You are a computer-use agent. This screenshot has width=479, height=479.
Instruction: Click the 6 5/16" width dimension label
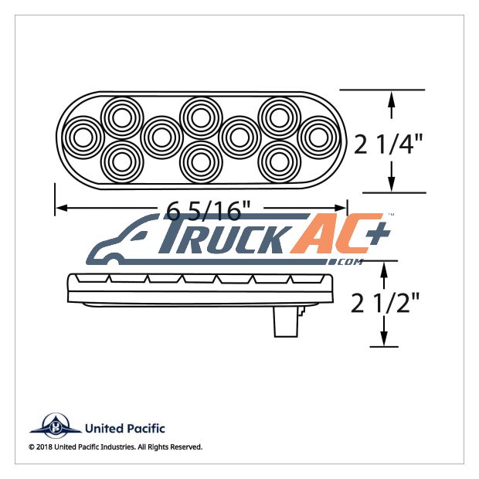209,210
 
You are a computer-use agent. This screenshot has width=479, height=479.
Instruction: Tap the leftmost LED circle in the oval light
83,138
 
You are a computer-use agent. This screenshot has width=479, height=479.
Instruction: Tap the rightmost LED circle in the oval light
318,138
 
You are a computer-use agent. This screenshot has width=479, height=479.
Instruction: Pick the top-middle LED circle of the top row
201,117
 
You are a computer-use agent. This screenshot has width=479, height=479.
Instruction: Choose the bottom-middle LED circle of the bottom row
201,162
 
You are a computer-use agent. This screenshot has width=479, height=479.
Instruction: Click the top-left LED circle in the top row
122,117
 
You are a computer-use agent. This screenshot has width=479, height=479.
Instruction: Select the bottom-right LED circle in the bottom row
280,162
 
